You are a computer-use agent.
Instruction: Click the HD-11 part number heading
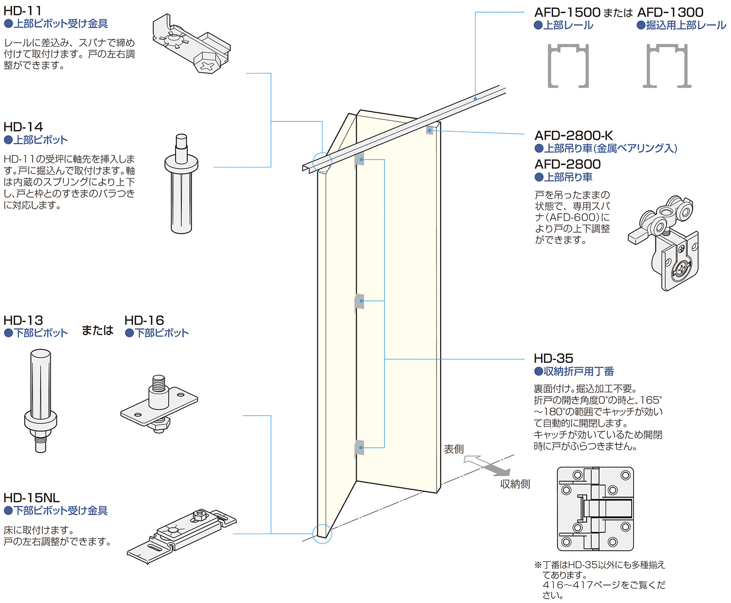click(x=22, y=10)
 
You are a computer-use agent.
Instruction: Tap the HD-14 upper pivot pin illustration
click(x=181, y=184)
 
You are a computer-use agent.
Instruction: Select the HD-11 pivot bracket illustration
click(x=191, y=43)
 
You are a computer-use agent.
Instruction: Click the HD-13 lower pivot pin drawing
click(x=40, y=401)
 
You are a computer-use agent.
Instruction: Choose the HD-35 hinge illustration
click(x=595, y=508)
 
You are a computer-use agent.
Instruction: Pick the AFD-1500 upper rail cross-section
click(x=568, y=65)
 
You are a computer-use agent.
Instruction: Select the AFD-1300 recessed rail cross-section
click(x=667, y=65)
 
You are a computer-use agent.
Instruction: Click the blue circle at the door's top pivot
click(x=322, y=162)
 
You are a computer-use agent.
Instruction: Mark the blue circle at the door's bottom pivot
click(x=322, y=534)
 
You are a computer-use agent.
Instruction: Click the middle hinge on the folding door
click(x=360, y=301)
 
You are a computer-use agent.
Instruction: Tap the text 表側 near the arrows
click(x=454, y=449)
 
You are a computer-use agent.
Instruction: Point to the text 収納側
click(x=515, y=484)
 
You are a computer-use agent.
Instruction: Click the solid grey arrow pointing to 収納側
click(x=497, y=469)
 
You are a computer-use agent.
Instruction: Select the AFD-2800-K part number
click(x=574, y=136)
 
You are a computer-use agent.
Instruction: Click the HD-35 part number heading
click(x=553, y=358)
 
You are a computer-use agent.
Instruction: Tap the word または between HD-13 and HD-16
click(x=97, y=330)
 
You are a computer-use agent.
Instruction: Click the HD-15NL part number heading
click(x=31, y=498)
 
